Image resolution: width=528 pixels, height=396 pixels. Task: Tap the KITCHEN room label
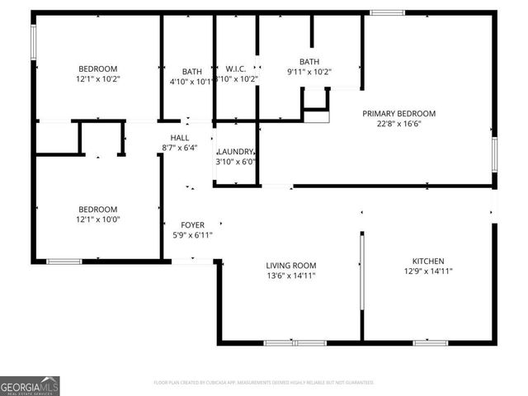pos(428,258)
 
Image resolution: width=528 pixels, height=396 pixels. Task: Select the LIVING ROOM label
pos(290,266)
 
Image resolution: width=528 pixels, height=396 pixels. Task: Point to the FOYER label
pos(181,224)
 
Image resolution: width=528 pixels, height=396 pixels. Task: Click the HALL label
pos(180,138)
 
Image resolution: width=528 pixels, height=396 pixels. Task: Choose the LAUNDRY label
pos(236,152)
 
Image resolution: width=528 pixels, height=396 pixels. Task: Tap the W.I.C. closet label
pos(237,68)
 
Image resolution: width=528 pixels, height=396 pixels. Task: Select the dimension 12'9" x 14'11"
pos(428,270)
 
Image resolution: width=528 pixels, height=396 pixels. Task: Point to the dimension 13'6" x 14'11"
pos(290,276)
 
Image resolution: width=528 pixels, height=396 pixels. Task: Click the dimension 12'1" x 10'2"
pos(98,80)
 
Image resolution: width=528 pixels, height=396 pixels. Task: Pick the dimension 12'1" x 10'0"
pos(98,220)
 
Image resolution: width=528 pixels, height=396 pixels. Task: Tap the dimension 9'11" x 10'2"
pos(309,72)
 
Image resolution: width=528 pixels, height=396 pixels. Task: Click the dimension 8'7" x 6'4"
pos(180,148)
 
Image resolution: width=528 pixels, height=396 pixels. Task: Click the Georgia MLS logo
pos(31,384)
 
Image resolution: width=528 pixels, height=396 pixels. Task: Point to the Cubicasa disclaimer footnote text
pos(264,383)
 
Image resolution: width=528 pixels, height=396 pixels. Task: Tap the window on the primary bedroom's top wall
pos(387,12)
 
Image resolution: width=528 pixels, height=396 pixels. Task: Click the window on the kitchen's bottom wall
pos(430,342)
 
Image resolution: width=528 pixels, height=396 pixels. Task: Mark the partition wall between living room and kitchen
pos(361,272)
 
